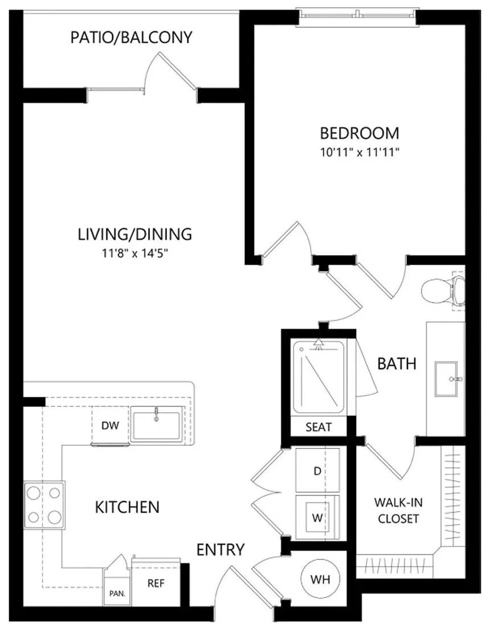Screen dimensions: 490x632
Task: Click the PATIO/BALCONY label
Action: point(132,37)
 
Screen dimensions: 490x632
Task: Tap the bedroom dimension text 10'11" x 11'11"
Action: point(360,153)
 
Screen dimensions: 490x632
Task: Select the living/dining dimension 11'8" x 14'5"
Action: point(134,253)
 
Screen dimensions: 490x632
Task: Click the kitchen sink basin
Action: point(157,426)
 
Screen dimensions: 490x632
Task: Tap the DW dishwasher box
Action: point(111,425)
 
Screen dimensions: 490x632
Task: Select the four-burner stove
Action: point(44,505)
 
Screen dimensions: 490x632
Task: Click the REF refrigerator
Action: point(156,583)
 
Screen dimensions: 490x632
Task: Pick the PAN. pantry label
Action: point(117,593)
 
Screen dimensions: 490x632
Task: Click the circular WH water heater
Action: point(320,579)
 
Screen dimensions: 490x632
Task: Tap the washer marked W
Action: point(318,517)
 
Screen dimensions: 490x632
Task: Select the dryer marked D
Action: point(318,470)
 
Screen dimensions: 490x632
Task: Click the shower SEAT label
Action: point(318,427)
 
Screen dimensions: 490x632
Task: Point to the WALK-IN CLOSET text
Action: point(398,510)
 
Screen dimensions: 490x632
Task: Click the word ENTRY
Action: point(220,549)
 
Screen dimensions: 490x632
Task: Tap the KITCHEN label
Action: point(127,507)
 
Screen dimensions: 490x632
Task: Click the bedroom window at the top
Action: point(358,15)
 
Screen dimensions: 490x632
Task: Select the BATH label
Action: point(397,364)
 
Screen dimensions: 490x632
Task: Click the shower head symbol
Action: point(319,343)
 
